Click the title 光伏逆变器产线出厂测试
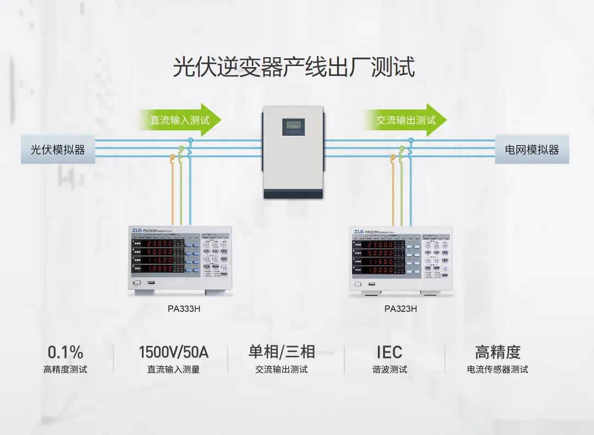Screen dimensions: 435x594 [x=294, y=67]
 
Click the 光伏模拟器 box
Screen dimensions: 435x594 [x=58, y=149]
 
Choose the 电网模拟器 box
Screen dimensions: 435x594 [x=532, y=149]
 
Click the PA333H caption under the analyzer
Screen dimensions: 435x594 [x=184, y=309]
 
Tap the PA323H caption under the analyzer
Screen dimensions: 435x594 [x=400, y=309]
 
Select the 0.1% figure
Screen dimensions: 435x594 [x=65, y=352]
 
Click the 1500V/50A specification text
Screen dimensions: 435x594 [x=173, y=352]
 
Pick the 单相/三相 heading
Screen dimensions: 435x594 [x=282, y=352]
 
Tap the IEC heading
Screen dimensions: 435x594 [x=389, y=352]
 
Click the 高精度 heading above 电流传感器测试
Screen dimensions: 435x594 [x=498, y=352]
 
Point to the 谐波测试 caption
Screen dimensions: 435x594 [x=389, y=370]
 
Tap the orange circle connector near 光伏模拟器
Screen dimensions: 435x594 [x=173, y=157]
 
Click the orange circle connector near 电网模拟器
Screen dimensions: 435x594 [x=393, y=157]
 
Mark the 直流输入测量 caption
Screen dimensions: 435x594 [x=173, y=370]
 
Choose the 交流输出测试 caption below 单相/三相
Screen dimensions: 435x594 [x=282, y=370]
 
